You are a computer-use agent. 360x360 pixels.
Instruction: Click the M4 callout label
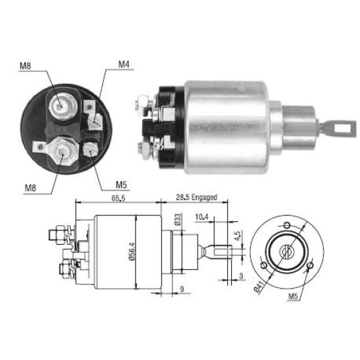click(124, 65)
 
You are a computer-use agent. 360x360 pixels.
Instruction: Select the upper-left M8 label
click(26, 66)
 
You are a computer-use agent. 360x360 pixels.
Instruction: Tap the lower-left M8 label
click(31, 189)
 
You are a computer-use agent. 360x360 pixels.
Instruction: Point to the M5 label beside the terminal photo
click(122, 185)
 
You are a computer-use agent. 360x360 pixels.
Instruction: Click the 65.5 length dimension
click(118, 198)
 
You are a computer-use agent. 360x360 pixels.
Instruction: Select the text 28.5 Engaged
click(196, 197)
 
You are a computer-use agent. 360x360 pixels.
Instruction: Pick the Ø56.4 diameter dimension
click(132, 251)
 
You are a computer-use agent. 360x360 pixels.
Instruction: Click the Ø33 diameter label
click(178, 219)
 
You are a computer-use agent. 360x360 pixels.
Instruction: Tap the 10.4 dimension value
click(202, 217)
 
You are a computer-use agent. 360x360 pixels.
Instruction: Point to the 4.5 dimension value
click(237, 236)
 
